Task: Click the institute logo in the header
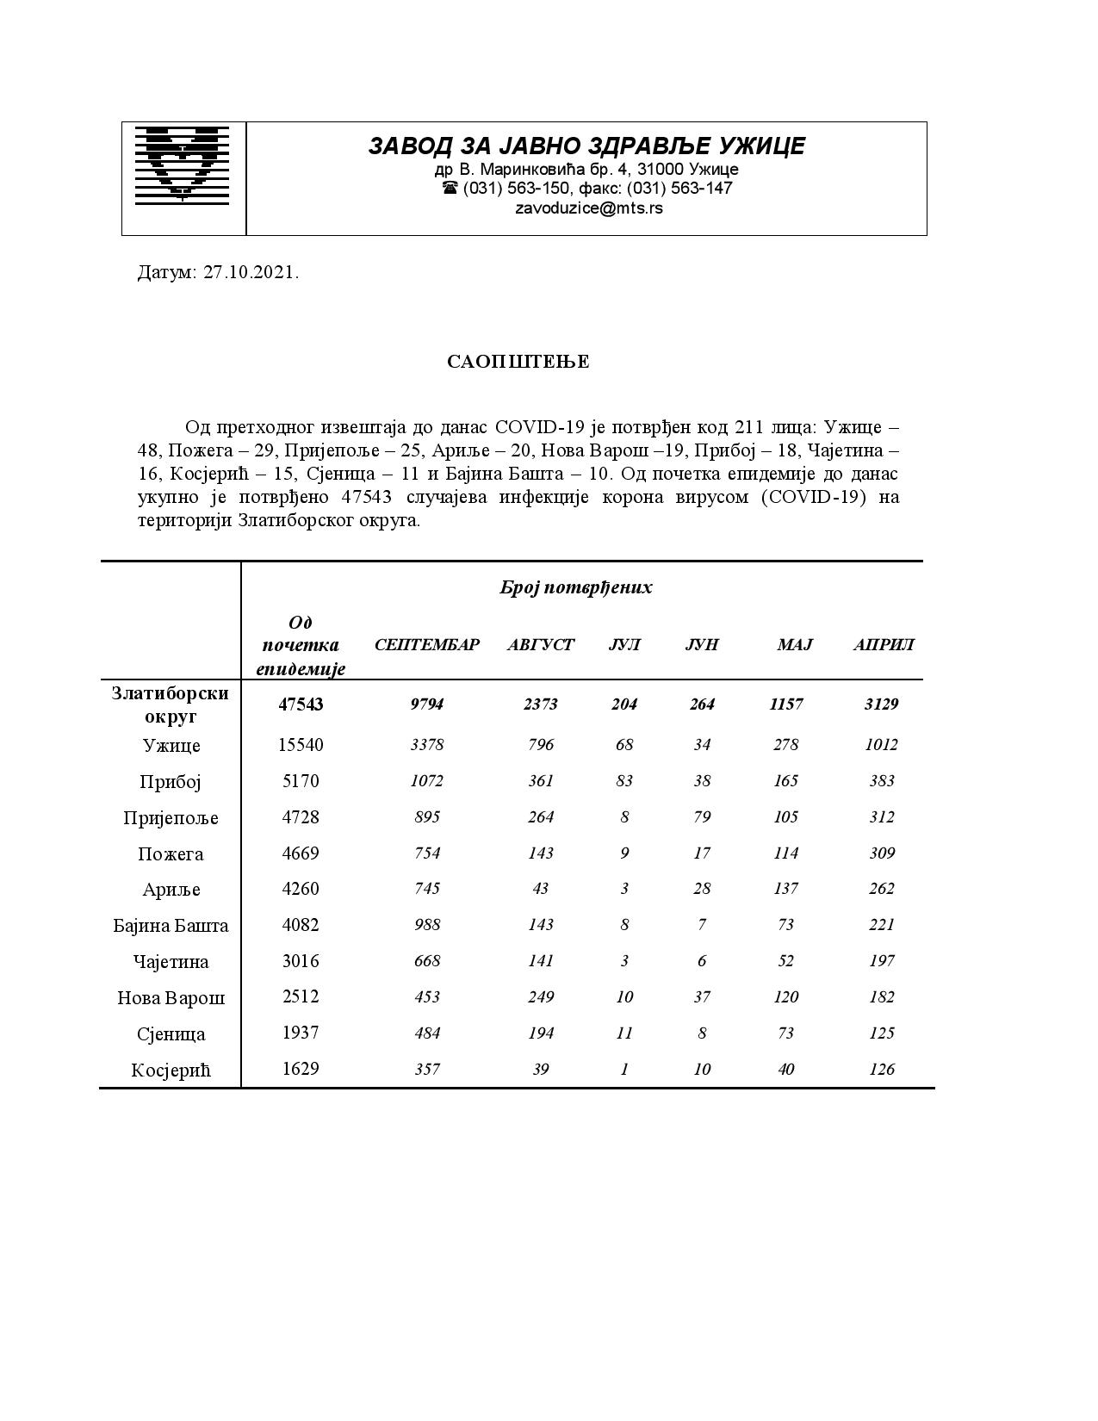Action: click(x=183, y=164)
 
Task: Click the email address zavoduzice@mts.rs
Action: click(x=588, y=208)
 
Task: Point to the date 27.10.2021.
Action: click(x=251, y=273)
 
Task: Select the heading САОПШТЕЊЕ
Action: click(x=518, y=362)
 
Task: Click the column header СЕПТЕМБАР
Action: click(x=426, y=645)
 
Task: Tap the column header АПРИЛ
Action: click(x=883, y=645)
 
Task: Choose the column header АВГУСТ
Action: click(x=540, y=645)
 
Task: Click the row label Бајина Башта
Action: click(x=171, y=926)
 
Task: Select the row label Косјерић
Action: click(x=171, y=1070)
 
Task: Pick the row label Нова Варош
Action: click(x=171, y=998)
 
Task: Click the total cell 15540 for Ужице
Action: click(x=301, y=745)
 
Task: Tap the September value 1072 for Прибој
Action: click(x=426, y=781)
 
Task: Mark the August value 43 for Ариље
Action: click(x=540, y=889)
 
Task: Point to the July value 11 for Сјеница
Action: click(x=624, y=1033)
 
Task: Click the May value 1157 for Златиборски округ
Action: click(x=786, y=704)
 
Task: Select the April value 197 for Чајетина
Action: click(x=882, y=961)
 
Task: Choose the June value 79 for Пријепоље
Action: click(x=702, y=817)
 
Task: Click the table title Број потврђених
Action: click(x=575, y=587)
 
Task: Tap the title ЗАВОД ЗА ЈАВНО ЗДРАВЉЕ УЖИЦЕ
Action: click(x=586, y=146)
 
